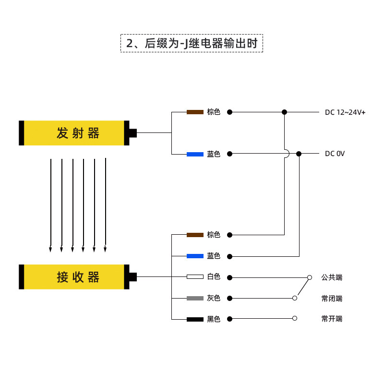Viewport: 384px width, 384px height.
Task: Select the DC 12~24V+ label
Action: click(x=345, y=112)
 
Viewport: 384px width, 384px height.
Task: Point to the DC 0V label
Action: click(x=335, y=154)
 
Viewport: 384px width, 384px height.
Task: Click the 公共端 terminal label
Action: click(x=332, y=277)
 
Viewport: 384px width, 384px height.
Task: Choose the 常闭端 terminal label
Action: click(x=332, y=299)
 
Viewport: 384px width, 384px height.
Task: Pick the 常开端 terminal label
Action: click(x=332, y=319)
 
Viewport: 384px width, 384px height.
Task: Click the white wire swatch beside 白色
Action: click(x=195, y=277)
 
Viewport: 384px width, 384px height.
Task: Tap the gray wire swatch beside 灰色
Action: click(x=195, y=298)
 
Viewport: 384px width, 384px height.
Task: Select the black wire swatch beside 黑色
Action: click(x=195, y=319)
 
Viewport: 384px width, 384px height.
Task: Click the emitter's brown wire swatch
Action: click(x=195, y=112)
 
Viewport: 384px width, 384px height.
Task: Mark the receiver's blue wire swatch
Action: click(x=195, y=256)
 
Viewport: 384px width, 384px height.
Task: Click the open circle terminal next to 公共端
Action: click(x=309, y=277)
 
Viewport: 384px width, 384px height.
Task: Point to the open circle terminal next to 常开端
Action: click(x=295, y=318)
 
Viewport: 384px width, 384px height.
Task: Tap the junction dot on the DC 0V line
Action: click(x=299, y=154)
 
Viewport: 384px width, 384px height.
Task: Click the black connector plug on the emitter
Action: click(x=132, y=133)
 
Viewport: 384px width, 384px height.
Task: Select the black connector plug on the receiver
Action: click(x=132, y=277)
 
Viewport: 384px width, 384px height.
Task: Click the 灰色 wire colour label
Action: click(x=214, y=299)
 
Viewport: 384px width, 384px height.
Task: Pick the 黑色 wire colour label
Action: click(x=214, y=319)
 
